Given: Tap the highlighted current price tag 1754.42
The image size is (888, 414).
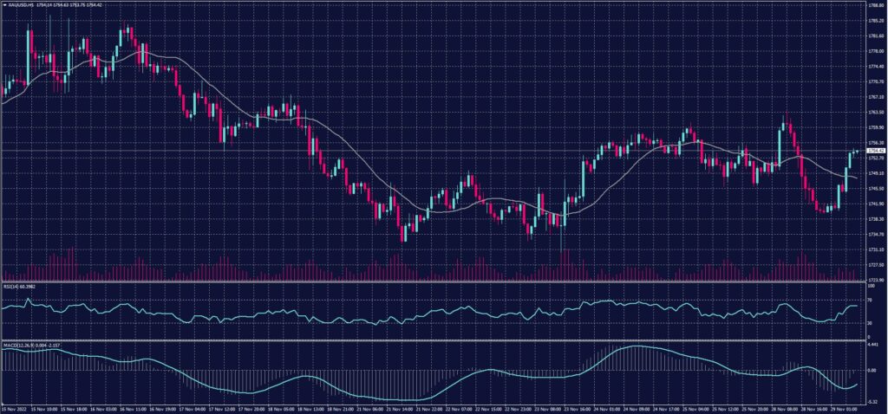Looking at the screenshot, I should pos(874,151).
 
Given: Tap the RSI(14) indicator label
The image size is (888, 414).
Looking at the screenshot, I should pos(17,287).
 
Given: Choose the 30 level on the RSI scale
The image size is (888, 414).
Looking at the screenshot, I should pos(869,323).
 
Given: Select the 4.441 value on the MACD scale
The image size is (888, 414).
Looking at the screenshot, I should pos(872,345).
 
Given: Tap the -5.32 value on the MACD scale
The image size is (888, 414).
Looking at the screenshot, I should pos(872,402).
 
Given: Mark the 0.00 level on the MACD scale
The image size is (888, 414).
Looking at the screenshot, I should pos(872,370).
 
